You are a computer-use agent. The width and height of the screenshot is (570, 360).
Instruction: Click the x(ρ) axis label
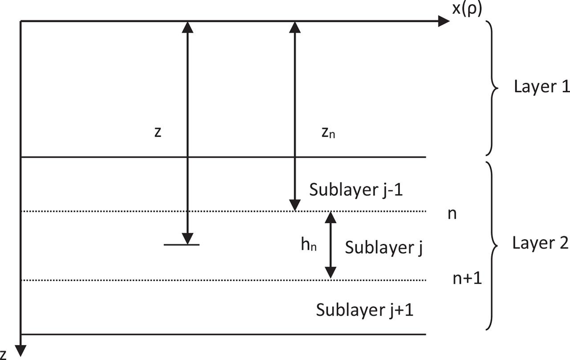[467, 9]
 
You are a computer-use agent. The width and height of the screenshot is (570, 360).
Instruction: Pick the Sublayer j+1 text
[365, 310]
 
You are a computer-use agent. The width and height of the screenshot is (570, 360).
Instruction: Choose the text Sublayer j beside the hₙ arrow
[383, 247]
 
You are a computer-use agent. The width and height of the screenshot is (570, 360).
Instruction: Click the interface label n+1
[467, 279]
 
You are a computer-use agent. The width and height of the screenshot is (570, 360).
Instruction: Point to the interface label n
[452, 214]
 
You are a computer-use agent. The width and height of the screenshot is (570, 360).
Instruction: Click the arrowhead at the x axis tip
[444, 21]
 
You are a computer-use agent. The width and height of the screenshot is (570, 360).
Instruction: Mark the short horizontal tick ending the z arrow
[182, 245]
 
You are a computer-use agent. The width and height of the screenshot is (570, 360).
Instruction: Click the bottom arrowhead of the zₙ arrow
[293, 206]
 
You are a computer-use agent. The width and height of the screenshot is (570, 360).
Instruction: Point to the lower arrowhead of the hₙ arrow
[330, 273]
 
